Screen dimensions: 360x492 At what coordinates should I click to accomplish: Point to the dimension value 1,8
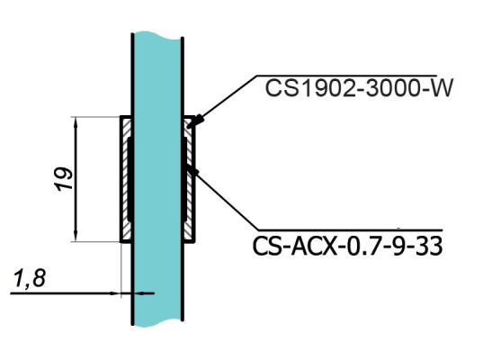click(30, 280)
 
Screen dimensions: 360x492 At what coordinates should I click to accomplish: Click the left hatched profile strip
click(124, 180)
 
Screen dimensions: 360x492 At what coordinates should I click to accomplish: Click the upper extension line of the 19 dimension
click(94, 116)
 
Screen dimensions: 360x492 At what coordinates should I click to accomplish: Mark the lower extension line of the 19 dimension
click(94, 242)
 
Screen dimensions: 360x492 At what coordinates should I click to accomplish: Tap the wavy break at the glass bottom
click(158, 321)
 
